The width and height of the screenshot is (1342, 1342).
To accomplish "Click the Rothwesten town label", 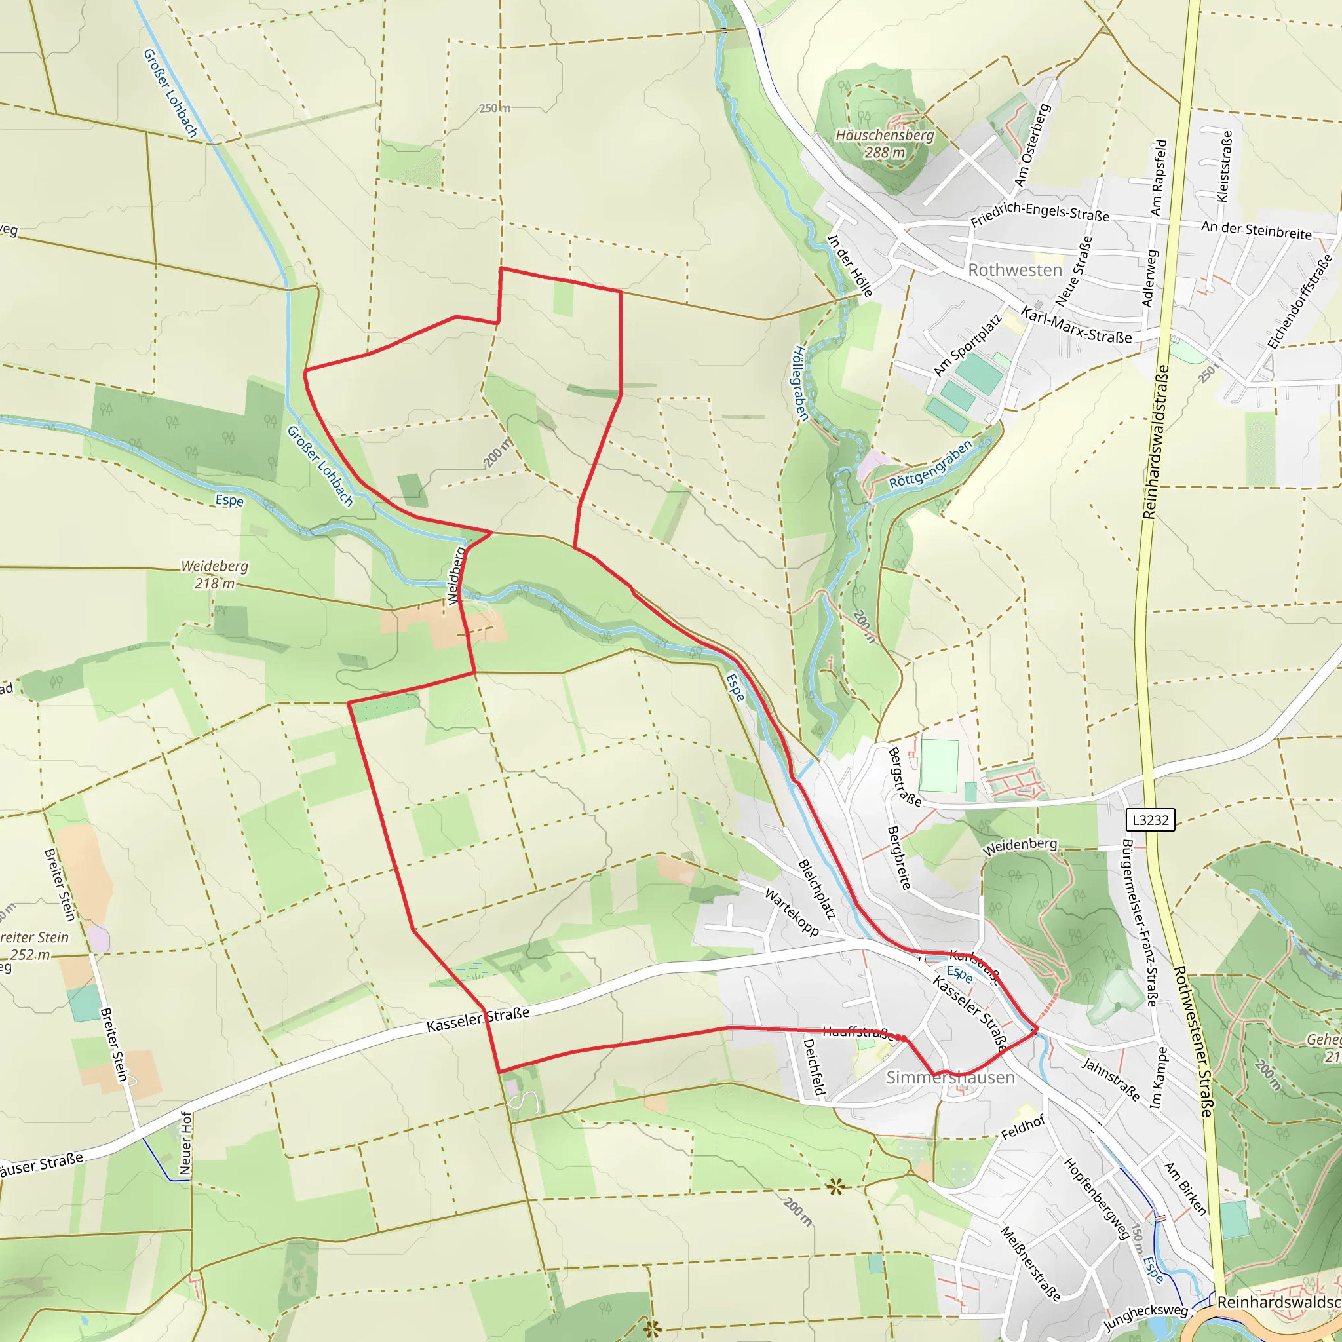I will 1015,269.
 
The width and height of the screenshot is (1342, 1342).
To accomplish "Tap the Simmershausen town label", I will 950,1077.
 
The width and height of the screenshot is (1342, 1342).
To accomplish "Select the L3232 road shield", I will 1149,820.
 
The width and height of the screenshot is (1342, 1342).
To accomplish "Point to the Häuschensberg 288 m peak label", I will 884,143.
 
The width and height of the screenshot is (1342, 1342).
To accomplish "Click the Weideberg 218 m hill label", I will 215,575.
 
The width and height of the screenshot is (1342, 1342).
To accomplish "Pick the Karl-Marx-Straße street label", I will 1076,325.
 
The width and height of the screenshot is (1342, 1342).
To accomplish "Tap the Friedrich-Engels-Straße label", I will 1039,214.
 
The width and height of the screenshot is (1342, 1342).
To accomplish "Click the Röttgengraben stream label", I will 930,465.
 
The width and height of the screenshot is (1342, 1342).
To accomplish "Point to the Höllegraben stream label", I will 801,383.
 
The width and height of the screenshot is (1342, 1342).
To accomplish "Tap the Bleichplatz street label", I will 817,890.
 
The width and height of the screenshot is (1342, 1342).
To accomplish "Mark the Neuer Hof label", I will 185,1143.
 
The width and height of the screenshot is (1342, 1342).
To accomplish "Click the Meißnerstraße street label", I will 1030,1263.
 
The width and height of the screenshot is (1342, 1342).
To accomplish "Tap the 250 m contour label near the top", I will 495,108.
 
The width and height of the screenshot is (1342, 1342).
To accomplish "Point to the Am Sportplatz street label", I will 967,345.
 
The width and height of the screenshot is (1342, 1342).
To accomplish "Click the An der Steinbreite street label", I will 1256,230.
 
